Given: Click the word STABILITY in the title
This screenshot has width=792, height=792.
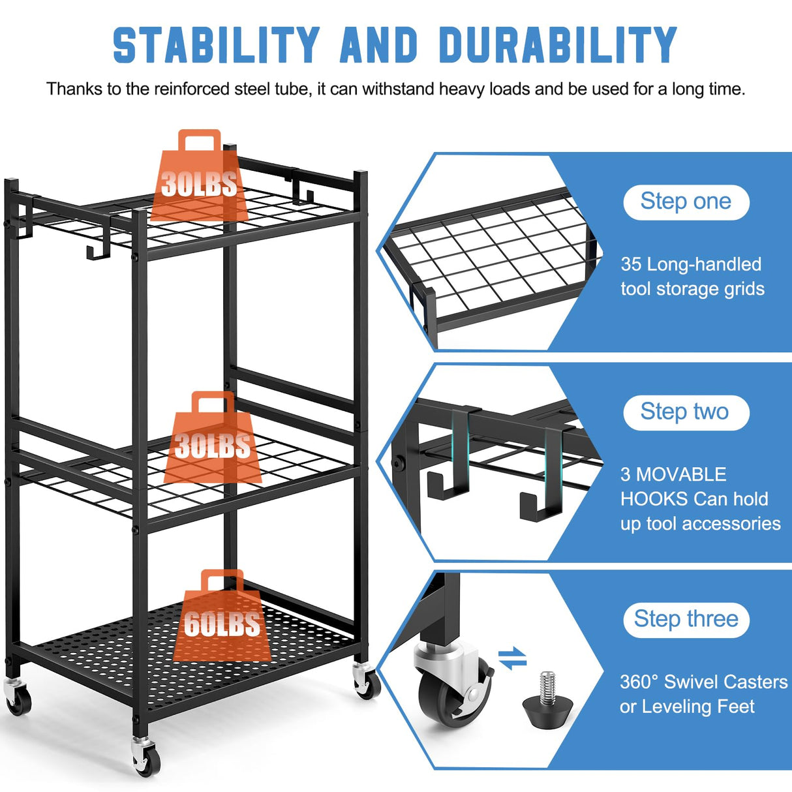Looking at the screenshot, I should (216, 46).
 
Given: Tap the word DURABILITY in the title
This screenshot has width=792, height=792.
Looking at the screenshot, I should (558, 46).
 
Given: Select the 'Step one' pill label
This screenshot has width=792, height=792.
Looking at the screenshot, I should (686, 202).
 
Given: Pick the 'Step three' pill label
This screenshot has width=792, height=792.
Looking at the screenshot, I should (686, 618).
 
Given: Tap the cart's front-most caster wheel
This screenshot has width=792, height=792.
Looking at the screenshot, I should (145, 758).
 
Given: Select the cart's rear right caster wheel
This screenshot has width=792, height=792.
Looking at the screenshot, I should (367, 684).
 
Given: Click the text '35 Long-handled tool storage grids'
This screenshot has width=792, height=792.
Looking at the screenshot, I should (692, 277).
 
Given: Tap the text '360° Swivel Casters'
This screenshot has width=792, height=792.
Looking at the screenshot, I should (703, 682).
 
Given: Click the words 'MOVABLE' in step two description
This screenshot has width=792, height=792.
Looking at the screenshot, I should (681, 474).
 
